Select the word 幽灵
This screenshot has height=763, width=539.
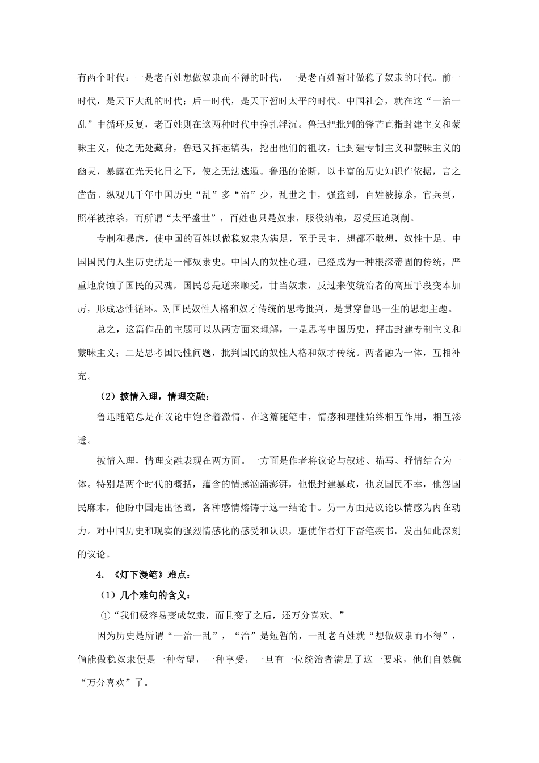(87, 171)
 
